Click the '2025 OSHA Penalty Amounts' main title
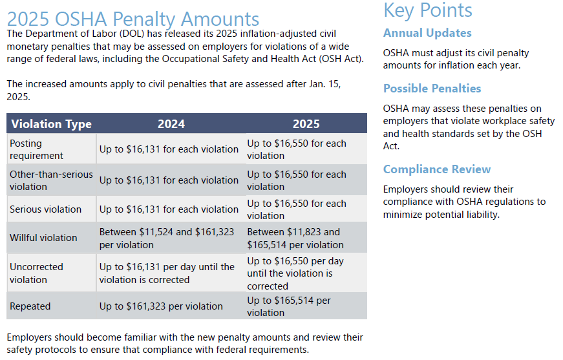pyautogui.click(x=133, y=19)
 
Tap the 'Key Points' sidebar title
pyautogui.click(x=428, y=10)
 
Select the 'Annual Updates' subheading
pyautogui.click(x=427, y=33)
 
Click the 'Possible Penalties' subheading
pyautogui.click(x=432, y=89)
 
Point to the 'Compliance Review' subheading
pyautogui.click(x=436, y=169)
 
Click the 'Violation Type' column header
pyautogui.click(x=51, y=124)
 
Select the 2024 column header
pyautogui.click(x=171, y=124)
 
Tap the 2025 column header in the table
pyautogui.click(x=306, y=124)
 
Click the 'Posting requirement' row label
pyautogui.click(x=36, y=149)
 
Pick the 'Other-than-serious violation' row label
pyautogui.click(x=51, y=180)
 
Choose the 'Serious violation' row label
pyautogui.click(x=46, y=209)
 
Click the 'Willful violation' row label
pyautogui.click(x=43, y=238)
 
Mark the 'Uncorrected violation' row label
pyautogui.click(x=36, y=273)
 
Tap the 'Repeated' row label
pyautogui.click(x=30, y=306)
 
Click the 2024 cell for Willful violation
pyautogui.click(x=167, y=238)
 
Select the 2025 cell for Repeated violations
pyautogui.click(x=289, y=306)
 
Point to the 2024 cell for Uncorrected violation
pyautogui.click(x=167, y=273)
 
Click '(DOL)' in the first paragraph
pyautogui.click(x=132, y=34)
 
